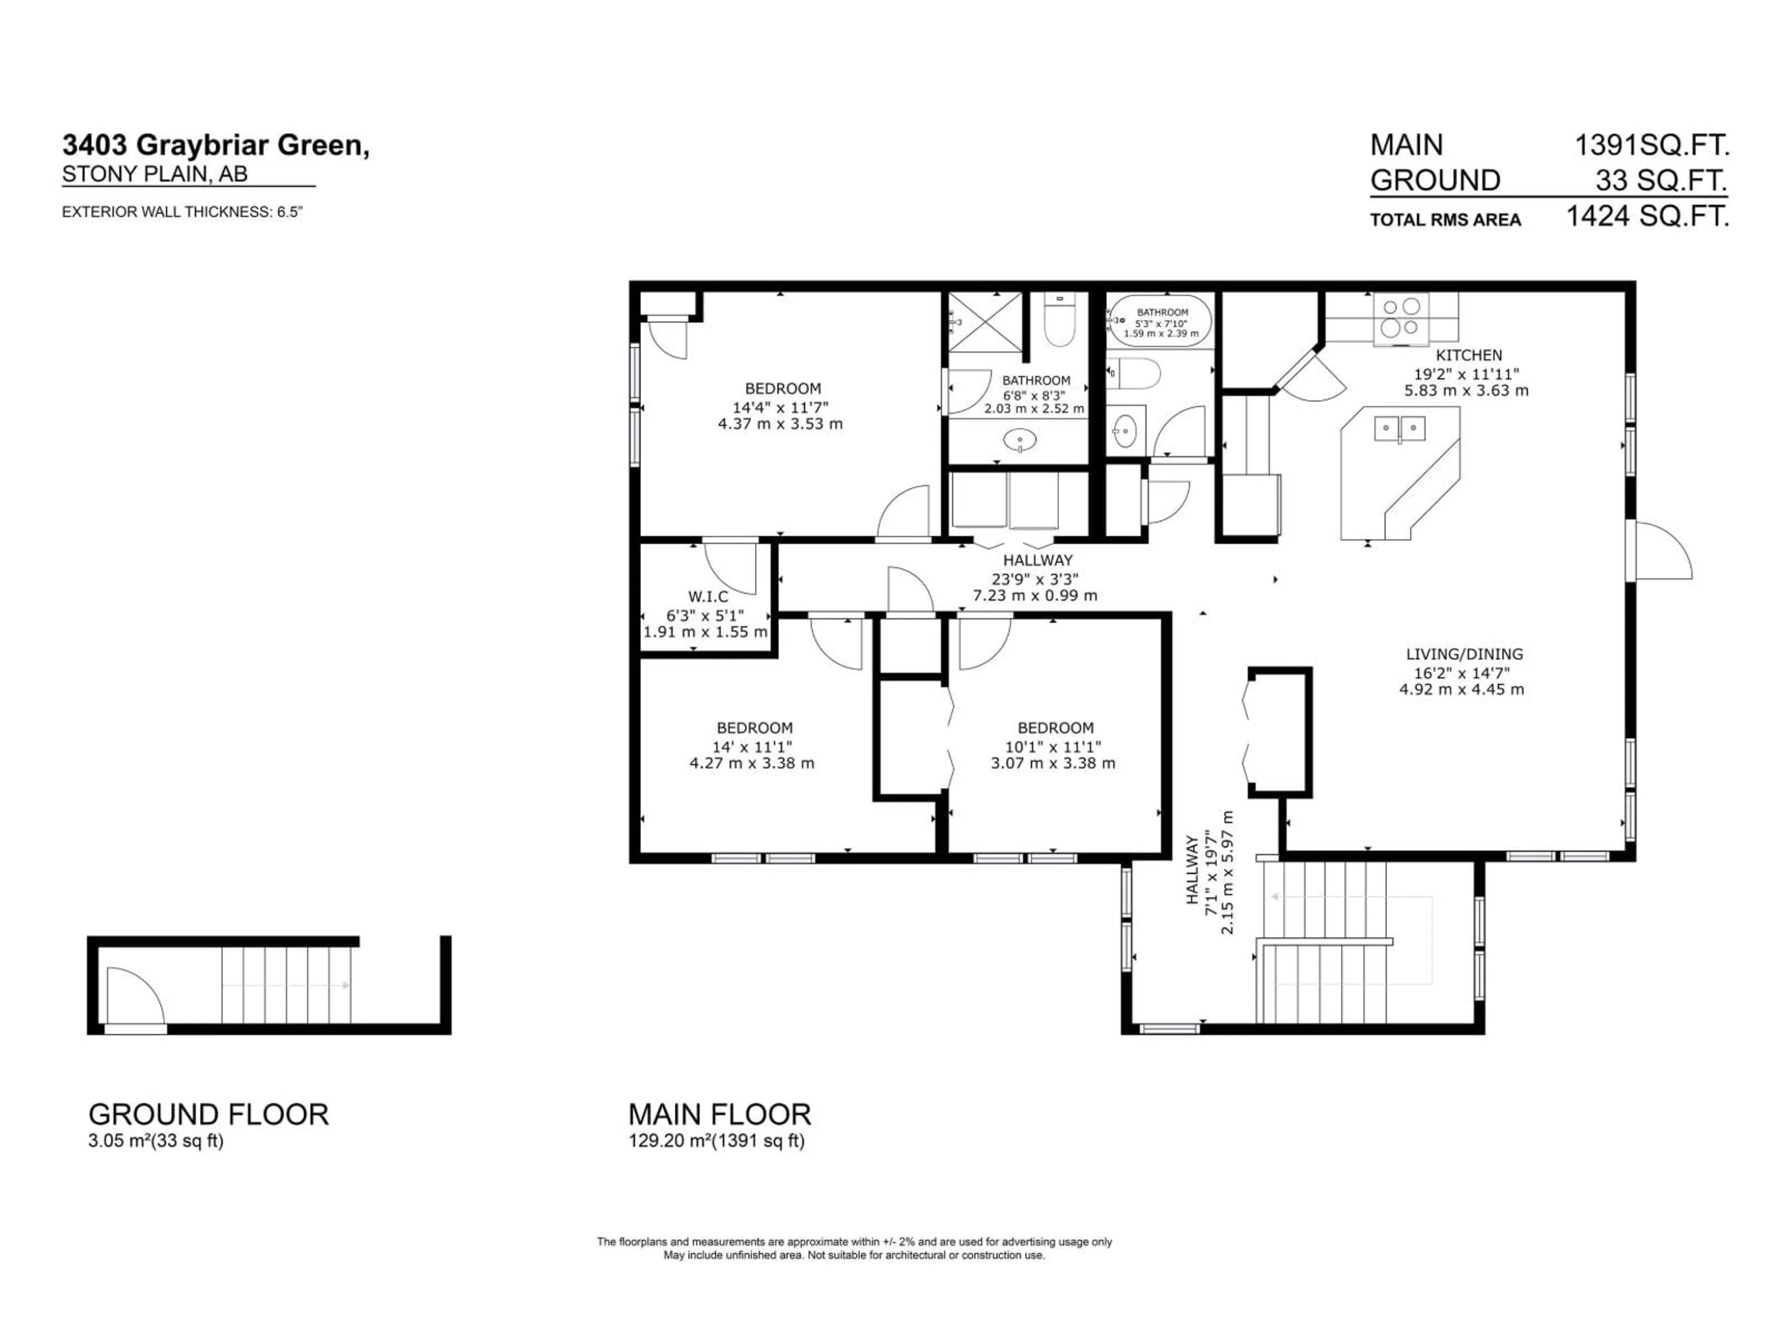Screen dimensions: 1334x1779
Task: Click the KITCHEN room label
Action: [1469, 355]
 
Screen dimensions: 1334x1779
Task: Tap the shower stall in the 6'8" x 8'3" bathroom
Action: [984, 321]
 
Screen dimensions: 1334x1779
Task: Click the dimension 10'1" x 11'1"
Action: [1053, 746]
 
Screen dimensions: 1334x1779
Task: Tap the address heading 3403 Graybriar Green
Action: [215, 145]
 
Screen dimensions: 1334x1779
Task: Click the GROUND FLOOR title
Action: [208, 1114]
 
